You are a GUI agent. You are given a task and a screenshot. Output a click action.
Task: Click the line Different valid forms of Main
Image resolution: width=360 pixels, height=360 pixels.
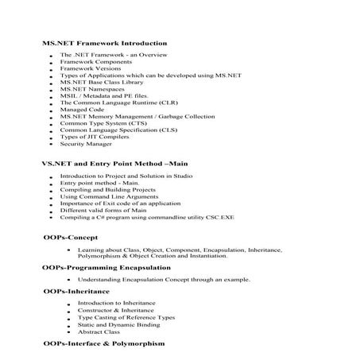pyautogui.click(x=103, y=211)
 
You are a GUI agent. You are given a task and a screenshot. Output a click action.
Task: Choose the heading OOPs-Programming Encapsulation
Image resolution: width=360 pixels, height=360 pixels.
pyautogui.click(x=102, y=268)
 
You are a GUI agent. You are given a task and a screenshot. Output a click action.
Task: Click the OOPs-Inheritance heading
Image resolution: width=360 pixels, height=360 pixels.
pyautogui.click(x=75, y=292)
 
